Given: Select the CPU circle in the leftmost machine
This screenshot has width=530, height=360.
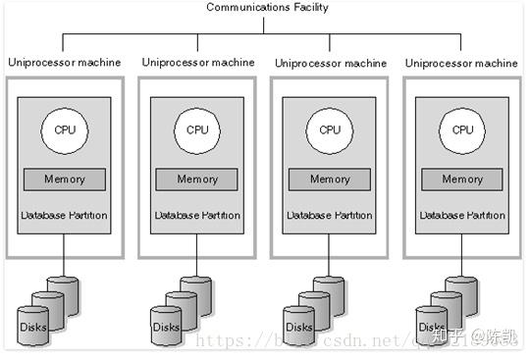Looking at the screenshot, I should (65, 129).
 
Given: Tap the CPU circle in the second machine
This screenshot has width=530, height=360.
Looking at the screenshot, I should (197, 129).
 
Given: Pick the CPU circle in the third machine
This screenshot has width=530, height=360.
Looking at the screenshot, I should (330, 129).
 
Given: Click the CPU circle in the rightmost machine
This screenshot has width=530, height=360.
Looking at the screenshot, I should (462, 129).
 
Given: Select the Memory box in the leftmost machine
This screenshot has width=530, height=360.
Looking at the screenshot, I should (65, 180).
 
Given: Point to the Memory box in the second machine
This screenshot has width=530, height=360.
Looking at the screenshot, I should (197, 180).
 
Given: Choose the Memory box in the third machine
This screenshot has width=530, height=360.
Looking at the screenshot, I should (330, 180).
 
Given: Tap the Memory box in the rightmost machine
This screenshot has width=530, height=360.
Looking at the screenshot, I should (462, 180).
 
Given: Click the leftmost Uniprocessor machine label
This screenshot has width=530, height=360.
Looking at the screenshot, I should (64, 63).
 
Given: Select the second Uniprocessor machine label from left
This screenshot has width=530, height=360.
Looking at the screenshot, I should (197, 63).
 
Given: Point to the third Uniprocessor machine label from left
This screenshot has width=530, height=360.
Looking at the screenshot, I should (331, 63).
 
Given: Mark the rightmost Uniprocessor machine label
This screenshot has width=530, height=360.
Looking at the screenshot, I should (463, 63).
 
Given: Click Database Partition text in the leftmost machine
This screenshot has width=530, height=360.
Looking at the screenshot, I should (65, 215).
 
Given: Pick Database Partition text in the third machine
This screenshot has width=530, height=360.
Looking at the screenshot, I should (330, 215).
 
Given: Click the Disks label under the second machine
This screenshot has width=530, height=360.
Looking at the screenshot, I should (166, 327).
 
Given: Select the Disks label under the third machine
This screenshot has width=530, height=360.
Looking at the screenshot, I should (298, 327).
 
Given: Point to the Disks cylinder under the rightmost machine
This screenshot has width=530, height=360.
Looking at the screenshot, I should (432, 325).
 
